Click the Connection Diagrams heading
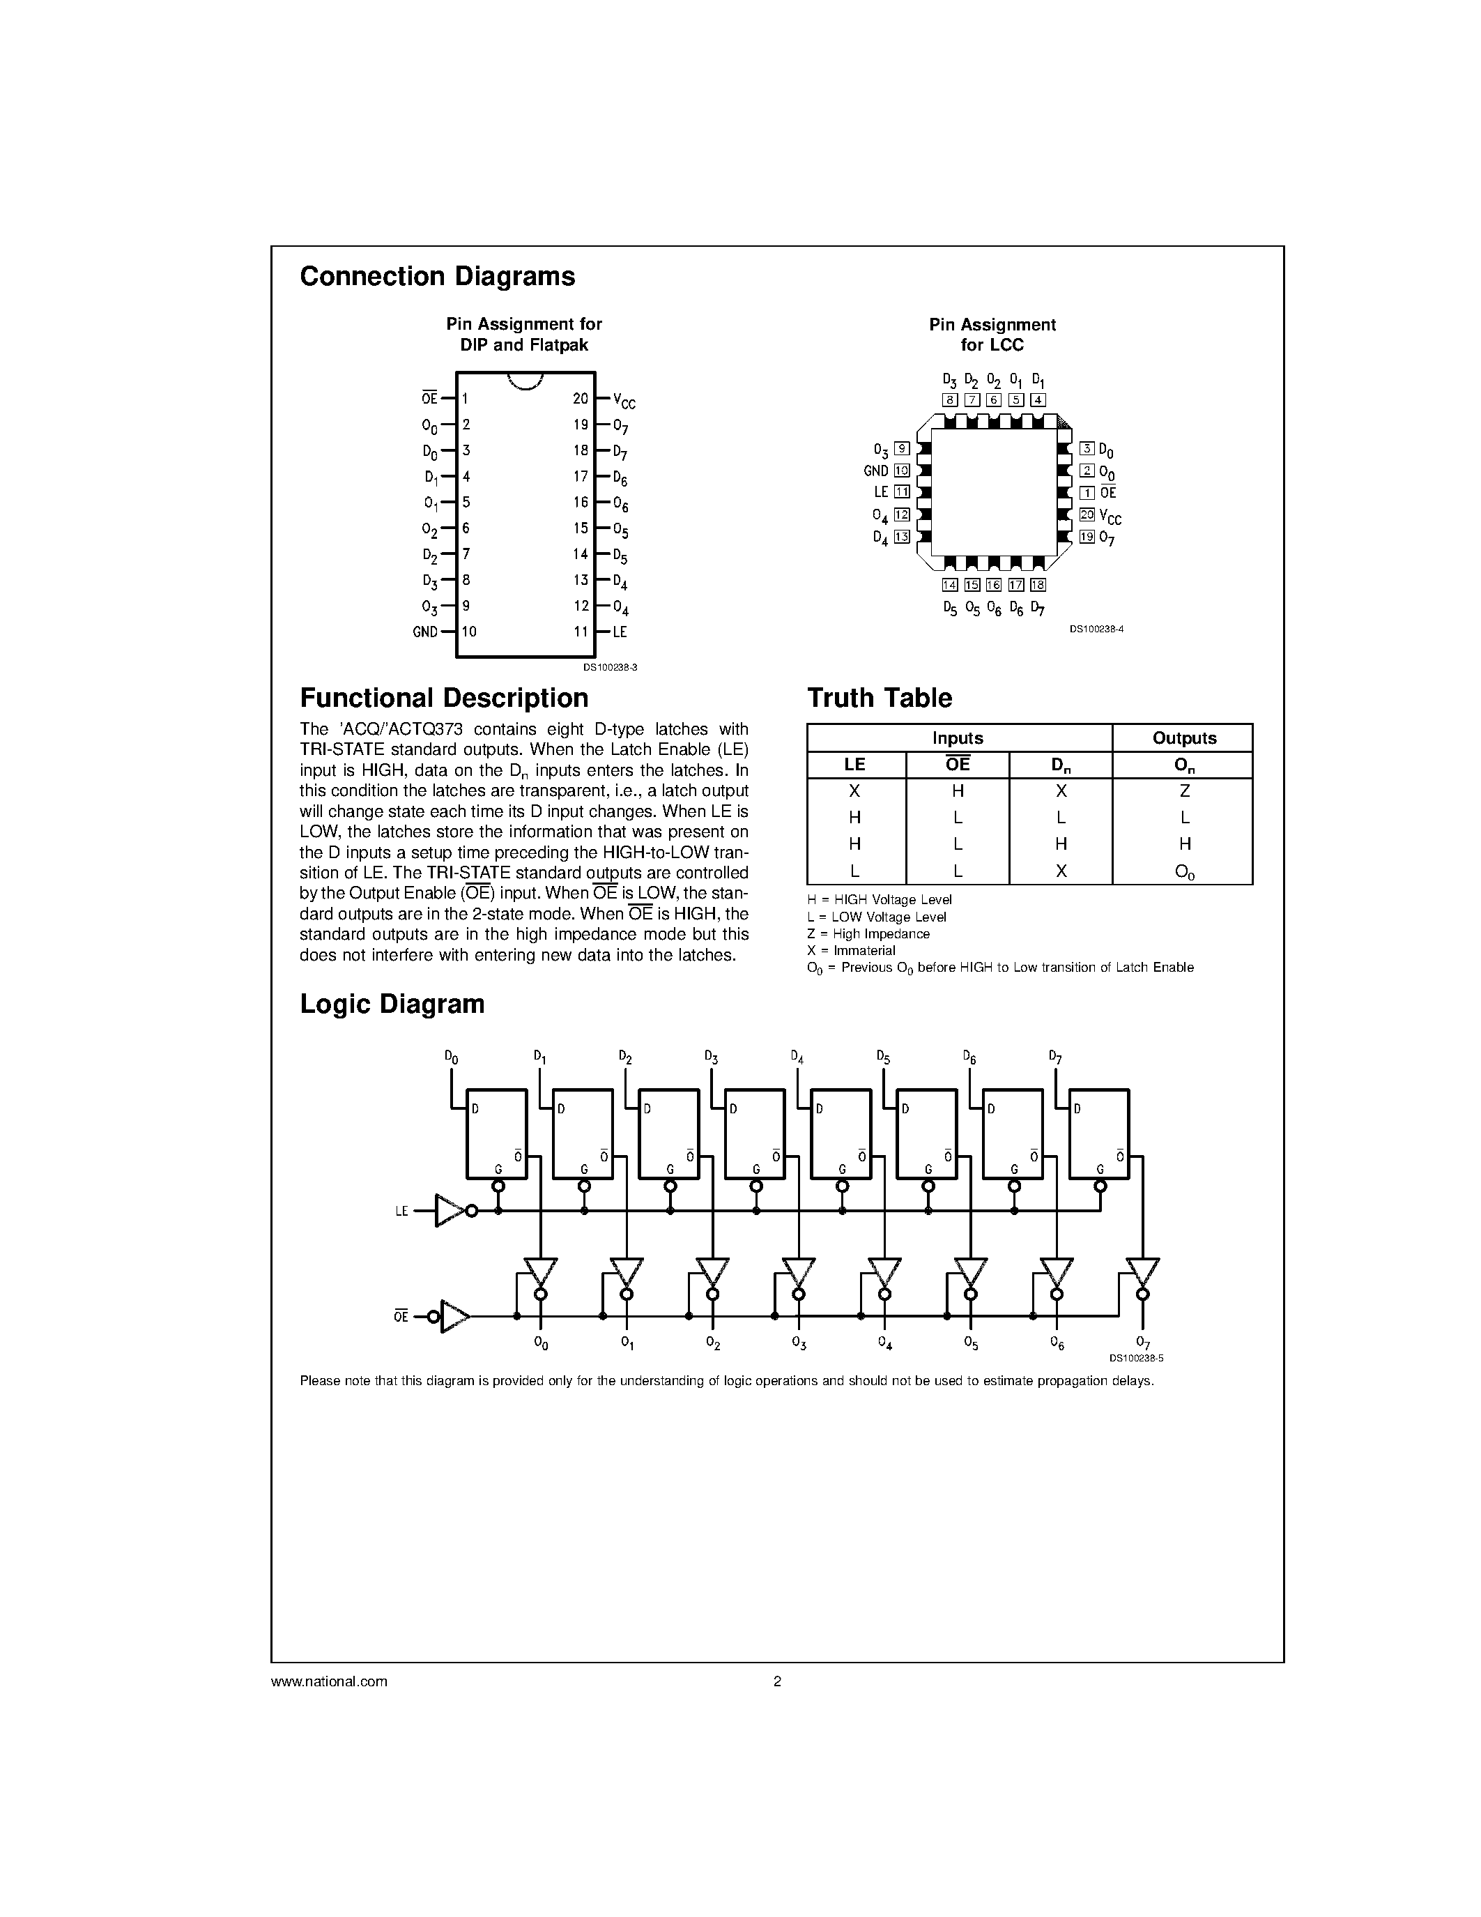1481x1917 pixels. [x=437, y=277]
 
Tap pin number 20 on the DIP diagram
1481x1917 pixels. [x=580, y=399]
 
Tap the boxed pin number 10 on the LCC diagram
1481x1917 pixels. [x=901, y=471]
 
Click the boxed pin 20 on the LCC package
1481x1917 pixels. [x=1087, y=515]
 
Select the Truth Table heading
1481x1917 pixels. [x=879, y=698]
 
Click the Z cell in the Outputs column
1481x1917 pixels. [x=1183, y=791]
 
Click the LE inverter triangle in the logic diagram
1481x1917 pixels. [x=450, y=1212]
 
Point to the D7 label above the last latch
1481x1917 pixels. [x=1055, y=1057]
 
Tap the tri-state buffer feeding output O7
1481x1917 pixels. [x=1142, y=1270]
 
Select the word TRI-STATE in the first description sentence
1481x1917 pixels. [x=342, y=749]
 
